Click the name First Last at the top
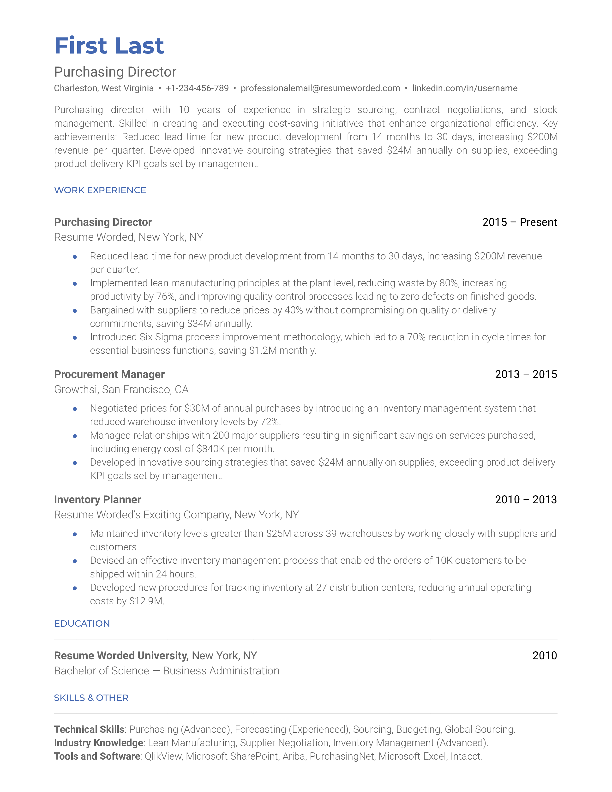click(x=109, y=46)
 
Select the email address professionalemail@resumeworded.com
click(x=320, y=88)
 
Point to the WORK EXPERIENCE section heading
click(x=100, y=190)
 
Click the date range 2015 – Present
click(x=519, y=222)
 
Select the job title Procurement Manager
click(x=109, y=374)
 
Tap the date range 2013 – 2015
click(x=526, y=374)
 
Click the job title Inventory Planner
click(x=97, y=499)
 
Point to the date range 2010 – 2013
click(x=526, y=499)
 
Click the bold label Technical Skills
click(x=89, y=729)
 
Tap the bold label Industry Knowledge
click(x=99, y=743)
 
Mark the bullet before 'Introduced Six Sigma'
click(x=75, y=338)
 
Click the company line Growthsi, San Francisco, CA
click(x=121, y=390)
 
